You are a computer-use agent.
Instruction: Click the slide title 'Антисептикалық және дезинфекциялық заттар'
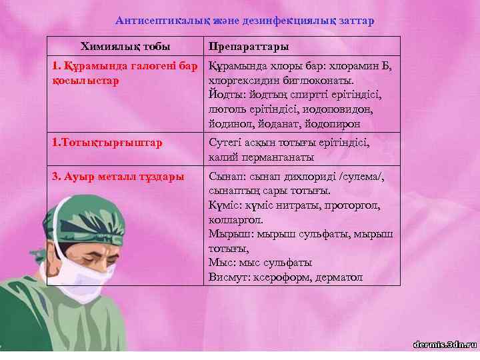245,21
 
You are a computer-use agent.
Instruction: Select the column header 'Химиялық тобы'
125,47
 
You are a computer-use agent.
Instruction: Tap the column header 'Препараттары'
248,47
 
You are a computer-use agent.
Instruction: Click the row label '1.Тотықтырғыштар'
107,143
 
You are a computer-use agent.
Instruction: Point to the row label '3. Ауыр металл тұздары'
118,177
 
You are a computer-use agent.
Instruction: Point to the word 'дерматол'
339,277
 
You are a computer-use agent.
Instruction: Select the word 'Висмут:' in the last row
229,277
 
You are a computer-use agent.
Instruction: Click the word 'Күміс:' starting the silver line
225,206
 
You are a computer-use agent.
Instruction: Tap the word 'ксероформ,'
283,277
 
